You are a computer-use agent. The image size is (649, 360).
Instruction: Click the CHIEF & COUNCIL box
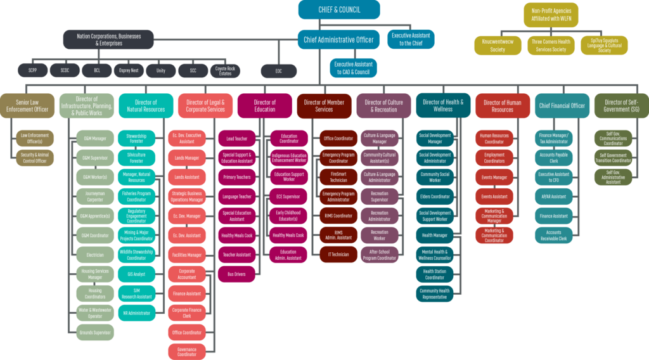point(339,10)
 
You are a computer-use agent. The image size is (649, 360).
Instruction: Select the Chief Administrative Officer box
point(338,40)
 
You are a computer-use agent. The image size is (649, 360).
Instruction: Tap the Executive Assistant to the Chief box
point(411,39)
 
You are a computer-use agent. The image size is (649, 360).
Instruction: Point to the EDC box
point(279,70)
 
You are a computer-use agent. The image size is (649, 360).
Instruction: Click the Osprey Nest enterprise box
point(129,70)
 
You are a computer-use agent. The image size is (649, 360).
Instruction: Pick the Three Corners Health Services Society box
point(550,46)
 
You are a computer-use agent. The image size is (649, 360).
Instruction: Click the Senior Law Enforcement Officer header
point(26,106)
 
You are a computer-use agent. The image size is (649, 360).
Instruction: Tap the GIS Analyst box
point(136,274)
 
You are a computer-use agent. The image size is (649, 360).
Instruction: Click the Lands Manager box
point(187,158)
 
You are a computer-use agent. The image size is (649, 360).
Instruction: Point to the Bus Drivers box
point(236,274)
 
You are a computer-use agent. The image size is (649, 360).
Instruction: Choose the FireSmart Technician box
point(338,177)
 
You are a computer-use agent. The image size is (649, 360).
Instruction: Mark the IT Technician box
point(338,255)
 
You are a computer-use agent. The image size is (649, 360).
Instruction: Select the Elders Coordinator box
point(435,196)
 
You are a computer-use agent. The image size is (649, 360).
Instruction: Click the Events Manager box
point(494,177)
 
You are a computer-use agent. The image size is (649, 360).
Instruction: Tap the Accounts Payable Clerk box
point(554,158)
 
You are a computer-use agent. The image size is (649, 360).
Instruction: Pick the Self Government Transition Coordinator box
point(613,157)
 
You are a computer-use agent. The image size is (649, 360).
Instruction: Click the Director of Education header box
point(265,106)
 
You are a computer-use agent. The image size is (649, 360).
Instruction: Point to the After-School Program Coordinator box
point(380,255)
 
